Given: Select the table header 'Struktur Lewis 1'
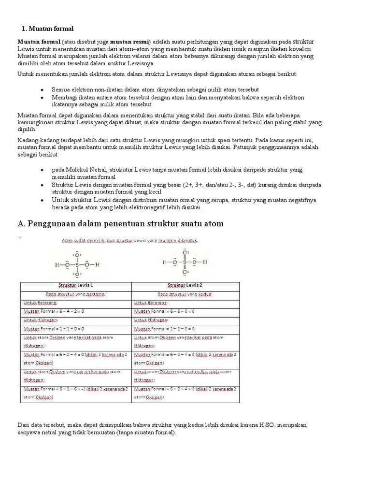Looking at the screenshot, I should pyautogui.click(x=75, y=285).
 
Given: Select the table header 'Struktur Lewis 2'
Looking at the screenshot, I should pyautogui.click(x=185, y=285).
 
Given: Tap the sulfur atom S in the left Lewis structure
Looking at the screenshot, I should pyautogui.click(x=76, y=265).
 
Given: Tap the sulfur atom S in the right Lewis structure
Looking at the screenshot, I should pyautogui.click(x=185, y=262).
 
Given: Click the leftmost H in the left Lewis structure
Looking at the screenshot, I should pyautogui.click(x=57, y=265).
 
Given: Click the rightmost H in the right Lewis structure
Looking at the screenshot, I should pyautogui.click(x=205, y=262).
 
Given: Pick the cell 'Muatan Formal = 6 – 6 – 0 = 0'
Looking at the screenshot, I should pyautogui.click(x=164, y=311).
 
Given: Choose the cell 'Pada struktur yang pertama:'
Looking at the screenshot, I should pyautogui.click(x=75, y=294).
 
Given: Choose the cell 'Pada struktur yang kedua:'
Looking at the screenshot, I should pyautogui.click(x=185, y=294).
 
